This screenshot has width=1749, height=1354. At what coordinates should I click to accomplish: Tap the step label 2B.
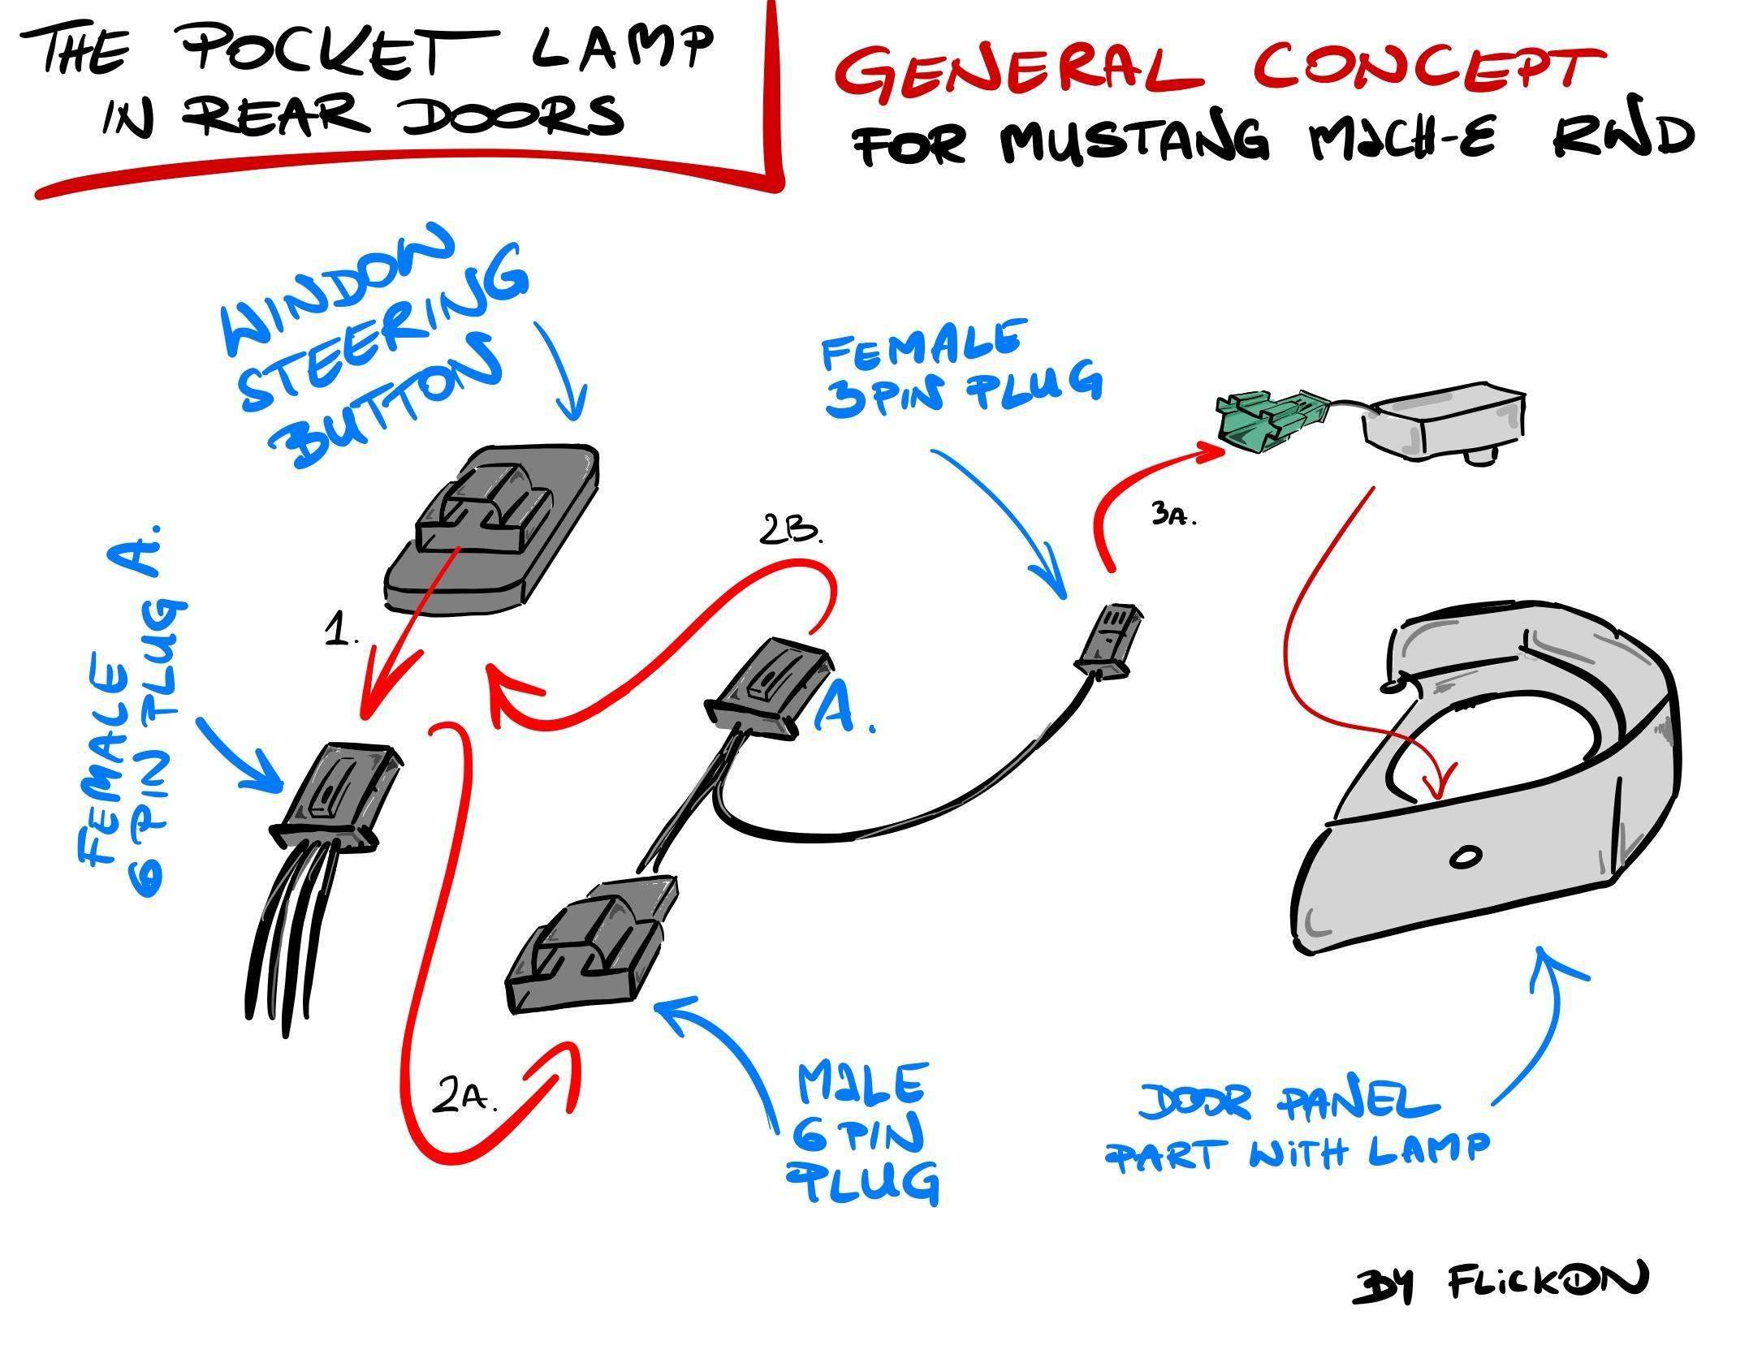coord(791,532)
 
